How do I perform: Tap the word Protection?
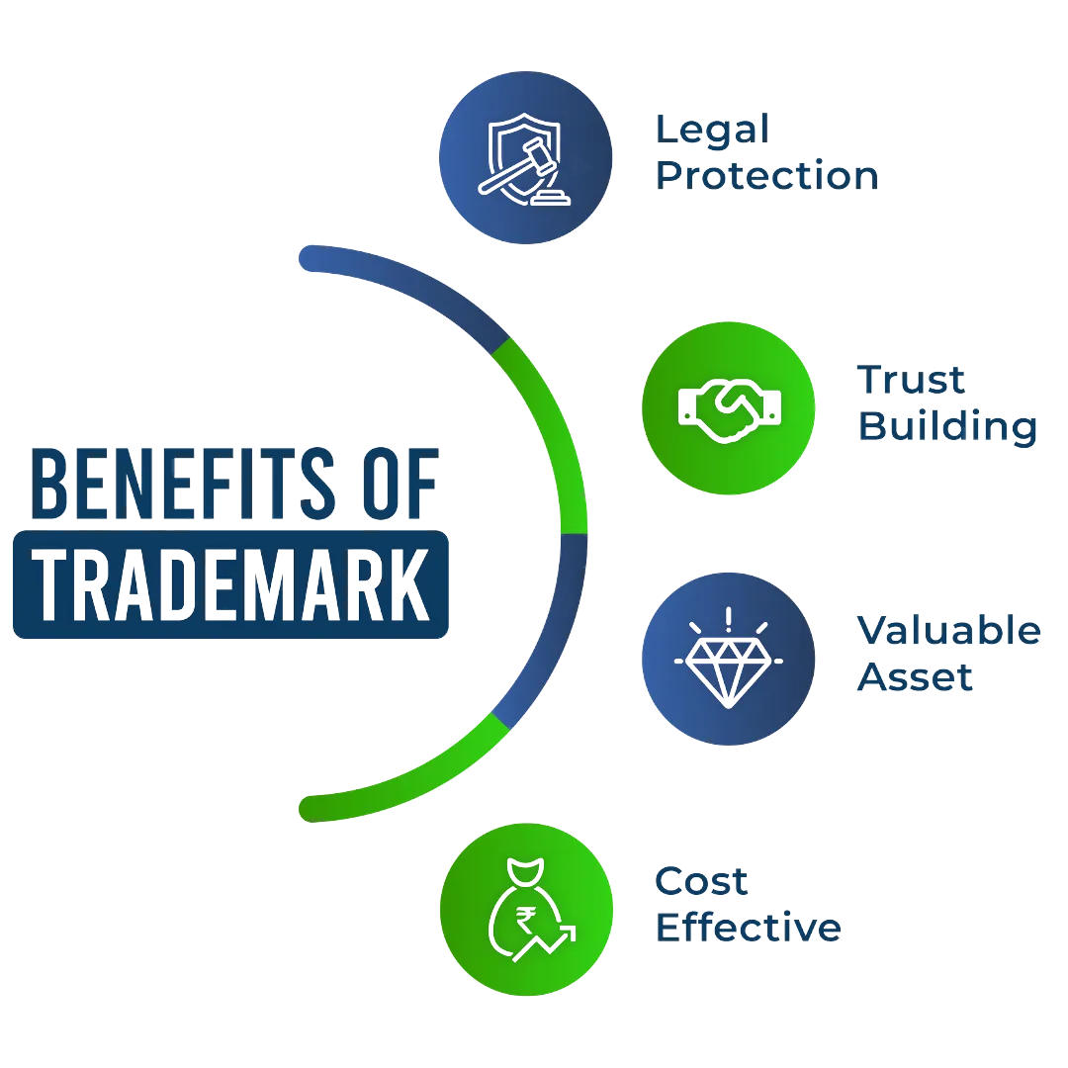point(767,177)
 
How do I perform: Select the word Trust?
point(911,381)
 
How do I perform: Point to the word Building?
point(946,428)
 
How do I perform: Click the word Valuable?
point(948,631)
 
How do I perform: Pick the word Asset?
point(916,678)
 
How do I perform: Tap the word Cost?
point(703,881)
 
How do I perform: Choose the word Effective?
point(749,929)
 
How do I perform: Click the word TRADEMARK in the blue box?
point(230,585)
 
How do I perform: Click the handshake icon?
point(730,407)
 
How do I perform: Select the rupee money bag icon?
point(525,910)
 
